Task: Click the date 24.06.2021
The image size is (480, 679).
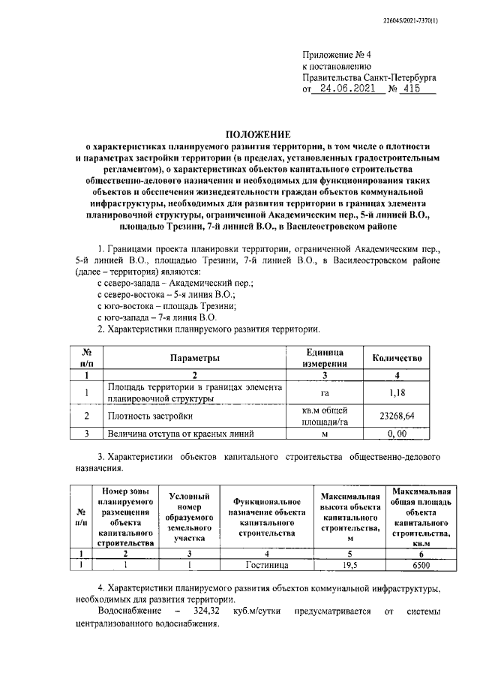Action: coord(346,89)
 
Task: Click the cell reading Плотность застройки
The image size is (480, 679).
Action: coord(150,416)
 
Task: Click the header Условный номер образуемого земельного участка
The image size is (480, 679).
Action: coord(189,517)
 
